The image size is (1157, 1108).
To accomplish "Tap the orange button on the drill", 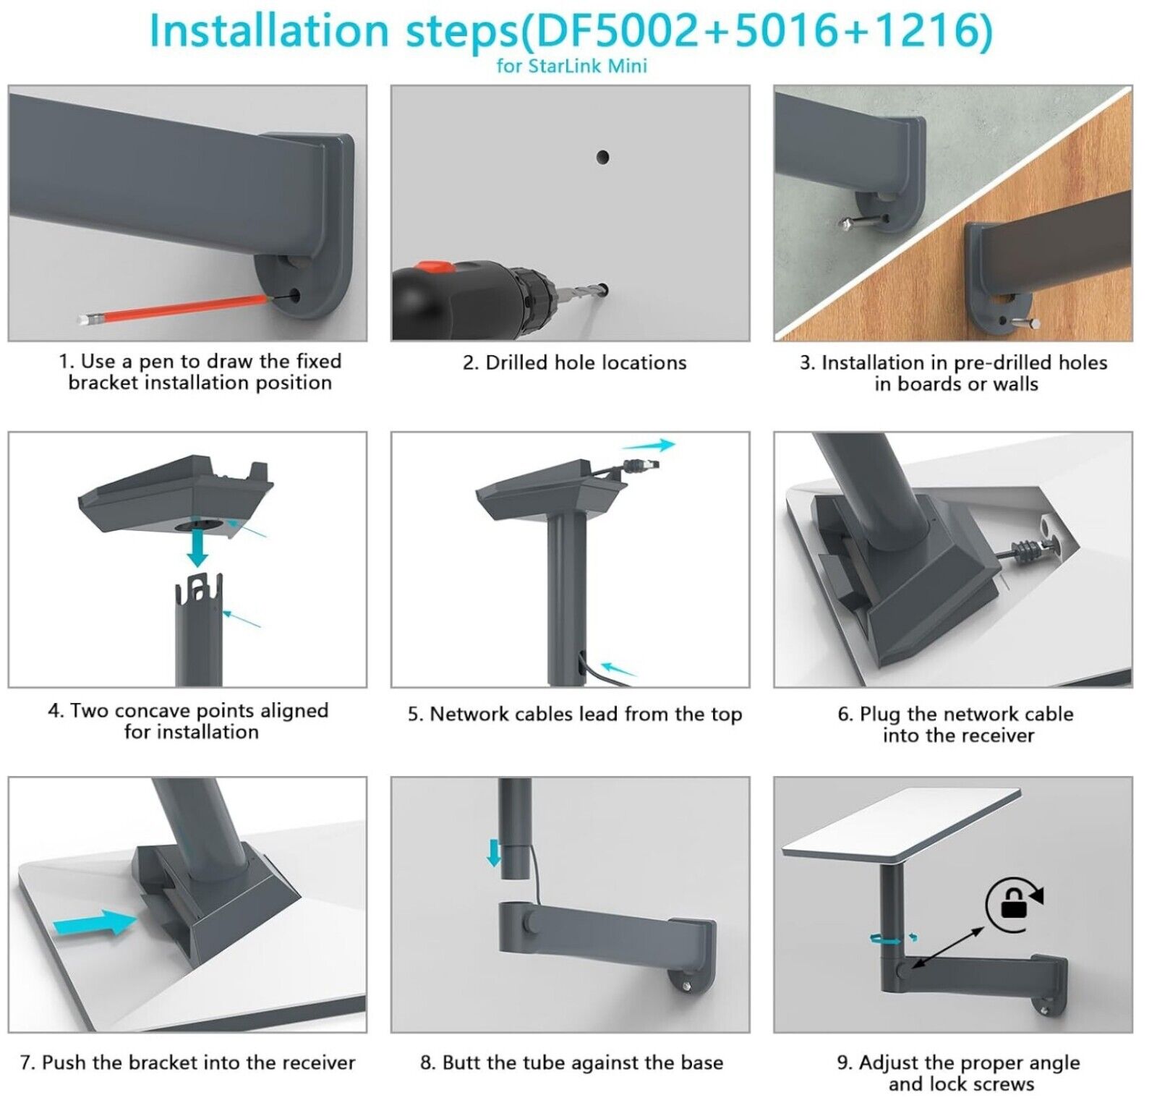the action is [438, 267].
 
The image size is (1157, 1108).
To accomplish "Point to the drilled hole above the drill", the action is [602, 157].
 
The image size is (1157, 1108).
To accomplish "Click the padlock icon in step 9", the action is [1013, 904].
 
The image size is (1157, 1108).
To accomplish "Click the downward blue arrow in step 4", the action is [197, 547].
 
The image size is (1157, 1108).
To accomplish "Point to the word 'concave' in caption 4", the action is [153, 711].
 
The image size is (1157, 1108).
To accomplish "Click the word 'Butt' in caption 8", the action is [461, 1062].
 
